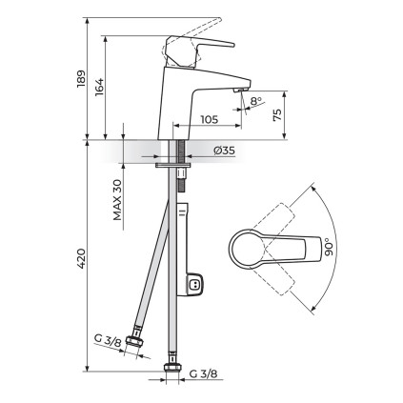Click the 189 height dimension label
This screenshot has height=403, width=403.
pyautogui.click(x=81, y=78)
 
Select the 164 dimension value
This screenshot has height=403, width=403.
pyautogui.click(x=99, y=86)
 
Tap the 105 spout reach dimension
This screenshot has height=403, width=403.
pyautogui.click(x=210, y=119)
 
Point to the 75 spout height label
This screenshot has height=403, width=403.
pyautogui.click(x=277, y=115)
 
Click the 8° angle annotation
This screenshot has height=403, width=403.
pyautogui.click(x=256, y=101)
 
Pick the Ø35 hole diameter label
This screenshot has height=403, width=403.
pyautogui.click(x=225, y=151)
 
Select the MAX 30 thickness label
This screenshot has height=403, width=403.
pyautogui.click(x=117, y=200)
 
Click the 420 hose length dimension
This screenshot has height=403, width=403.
pyautogui.click(x=81, y=258)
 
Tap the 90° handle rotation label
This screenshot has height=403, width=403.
pyautogui.click(x=330, y=247)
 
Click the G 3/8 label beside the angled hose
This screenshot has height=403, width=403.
pyautogui.click(x=108, y=341)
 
